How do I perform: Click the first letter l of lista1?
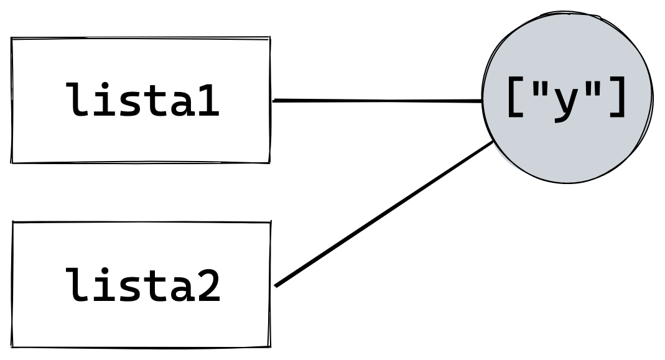(x=78, y=100)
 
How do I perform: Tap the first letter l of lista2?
(x=78, y=285)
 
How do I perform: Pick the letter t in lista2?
(x=156, y=287)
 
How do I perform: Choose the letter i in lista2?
(x=105, y=285)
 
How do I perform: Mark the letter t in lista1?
(x=156, y=101)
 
